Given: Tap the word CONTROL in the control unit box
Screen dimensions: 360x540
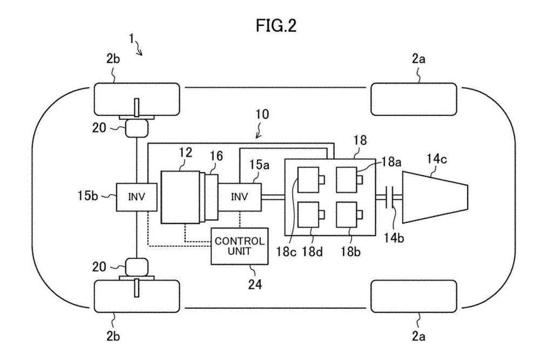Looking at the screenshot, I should coord(240,241).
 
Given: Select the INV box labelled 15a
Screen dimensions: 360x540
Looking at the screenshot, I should coord(240,196).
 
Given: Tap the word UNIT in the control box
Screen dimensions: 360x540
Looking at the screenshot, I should coord(240,252).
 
